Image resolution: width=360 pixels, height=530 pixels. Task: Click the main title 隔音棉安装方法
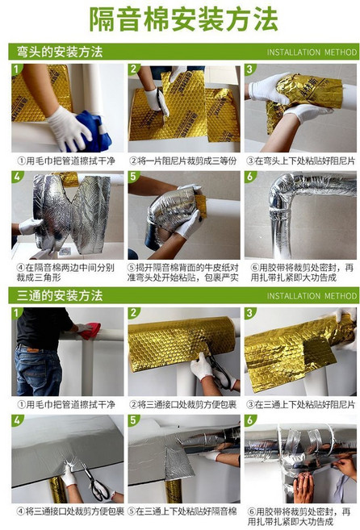point(180,19)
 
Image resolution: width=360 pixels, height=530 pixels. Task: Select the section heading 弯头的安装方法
point(61,52)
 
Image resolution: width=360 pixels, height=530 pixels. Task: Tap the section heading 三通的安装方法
point(61,295)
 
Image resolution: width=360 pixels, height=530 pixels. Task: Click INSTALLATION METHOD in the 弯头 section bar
point(311,52)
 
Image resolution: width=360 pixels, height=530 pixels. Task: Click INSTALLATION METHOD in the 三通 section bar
point(311,296)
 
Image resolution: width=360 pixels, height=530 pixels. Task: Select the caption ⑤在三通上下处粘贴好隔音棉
point(182,511)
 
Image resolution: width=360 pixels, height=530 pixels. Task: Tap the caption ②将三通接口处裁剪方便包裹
point(182,403)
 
